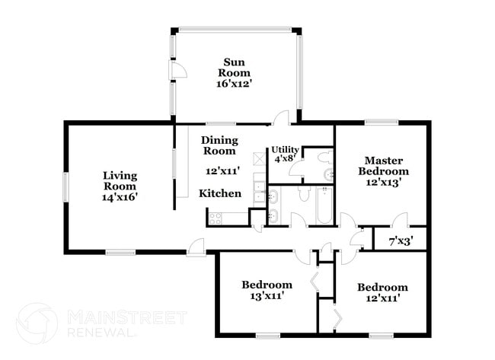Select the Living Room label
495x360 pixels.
click(120, 180)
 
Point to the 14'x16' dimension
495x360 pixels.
click(120, 196)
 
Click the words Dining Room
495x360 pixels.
click(219, 145)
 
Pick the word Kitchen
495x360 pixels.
click(220, 193)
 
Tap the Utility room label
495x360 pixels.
click(285, 150)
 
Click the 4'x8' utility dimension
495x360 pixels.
click(285, 159)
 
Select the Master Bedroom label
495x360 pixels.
click(384, 166)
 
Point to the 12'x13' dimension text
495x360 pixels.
click(384, 183)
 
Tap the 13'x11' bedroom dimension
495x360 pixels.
click(267, 296)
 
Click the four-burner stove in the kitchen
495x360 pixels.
click(215, 218)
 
